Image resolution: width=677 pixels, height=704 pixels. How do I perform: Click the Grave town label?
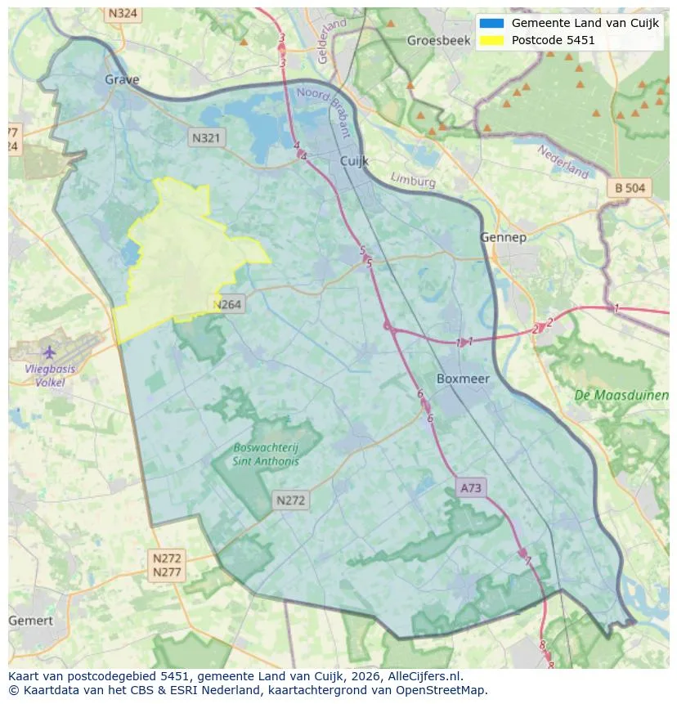(122, 79)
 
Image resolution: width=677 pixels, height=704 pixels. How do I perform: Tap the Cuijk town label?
(356, 162)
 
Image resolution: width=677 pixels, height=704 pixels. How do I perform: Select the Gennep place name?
(503, 237)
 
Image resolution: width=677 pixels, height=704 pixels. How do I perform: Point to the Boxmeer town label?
(464, 379)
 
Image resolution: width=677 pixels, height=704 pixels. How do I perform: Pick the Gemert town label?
(30, 621)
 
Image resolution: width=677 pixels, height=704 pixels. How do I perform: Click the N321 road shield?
(206, 138)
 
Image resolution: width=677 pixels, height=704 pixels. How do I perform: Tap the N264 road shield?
(227, 305)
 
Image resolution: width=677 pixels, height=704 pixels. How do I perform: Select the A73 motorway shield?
(472, 488)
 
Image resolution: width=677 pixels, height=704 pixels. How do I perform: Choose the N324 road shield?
(123, 14)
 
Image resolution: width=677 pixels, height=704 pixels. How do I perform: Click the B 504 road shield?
(630, 188)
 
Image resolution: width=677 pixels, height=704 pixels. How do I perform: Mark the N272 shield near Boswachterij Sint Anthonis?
(290, 500)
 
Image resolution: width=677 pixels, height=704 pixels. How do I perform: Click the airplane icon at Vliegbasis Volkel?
(49, 352)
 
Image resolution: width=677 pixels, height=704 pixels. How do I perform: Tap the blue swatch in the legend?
(492, 23)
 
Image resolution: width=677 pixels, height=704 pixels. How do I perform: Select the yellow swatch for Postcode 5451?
(492, 40)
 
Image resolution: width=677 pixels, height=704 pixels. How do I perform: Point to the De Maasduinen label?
(621, 396)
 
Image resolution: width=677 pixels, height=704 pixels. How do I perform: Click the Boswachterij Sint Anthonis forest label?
(266, 454)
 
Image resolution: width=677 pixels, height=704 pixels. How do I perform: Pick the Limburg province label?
(413, 179)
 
